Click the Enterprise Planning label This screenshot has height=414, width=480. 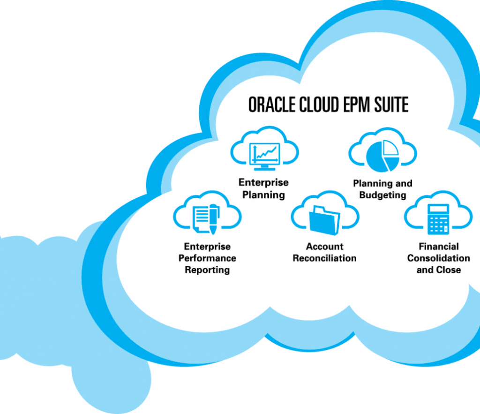pos(263,188)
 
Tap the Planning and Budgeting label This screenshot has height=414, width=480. pos(382,189)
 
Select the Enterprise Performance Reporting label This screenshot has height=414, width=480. pos(207,258)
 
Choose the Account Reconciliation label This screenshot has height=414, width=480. pos(324,252)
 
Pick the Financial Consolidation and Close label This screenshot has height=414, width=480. pos(438,258)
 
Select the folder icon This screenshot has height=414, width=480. pos(324,218)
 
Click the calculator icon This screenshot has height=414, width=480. pos(438,219)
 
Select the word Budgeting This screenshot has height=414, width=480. pos(382,195)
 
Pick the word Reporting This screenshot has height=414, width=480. pos(207,270)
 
